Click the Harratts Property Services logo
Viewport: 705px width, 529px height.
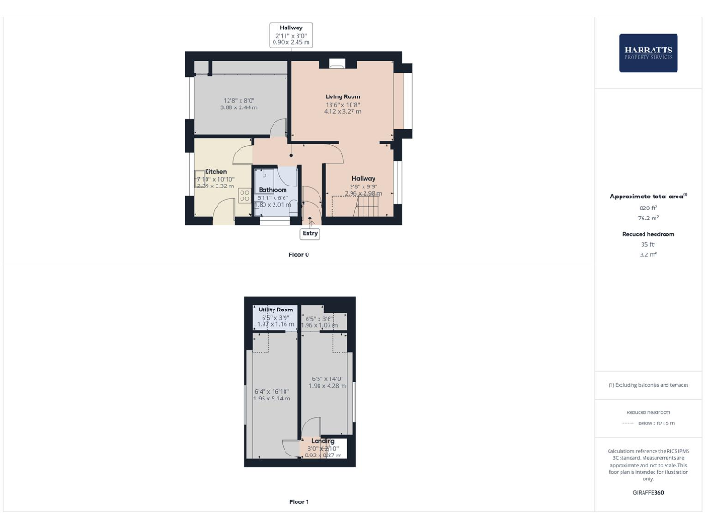click(648, 52)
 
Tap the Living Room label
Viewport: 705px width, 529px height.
click(342, 96)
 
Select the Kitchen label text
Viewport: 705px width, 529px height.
click(216, 172)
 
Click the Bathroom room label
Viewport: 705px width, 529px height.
click(273, 190)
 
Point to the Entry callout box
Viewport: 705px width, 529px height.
click(310, 233)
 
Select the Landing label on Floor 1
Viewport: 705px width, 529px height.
click(323, 442)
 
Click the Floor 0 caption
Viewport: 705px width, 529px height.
click(299, 254)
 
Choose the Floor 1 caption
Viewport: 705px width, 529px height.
click(299, 502)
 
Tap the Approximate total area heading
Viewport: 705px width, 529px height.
click(648, 197)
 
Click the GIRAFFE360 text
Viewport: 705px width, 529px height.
click(648, 493)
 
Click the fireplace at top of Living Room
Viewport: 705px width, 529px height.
click(336, 64)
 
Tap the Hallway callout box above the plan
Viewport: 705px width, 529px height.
click(291, 35)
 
